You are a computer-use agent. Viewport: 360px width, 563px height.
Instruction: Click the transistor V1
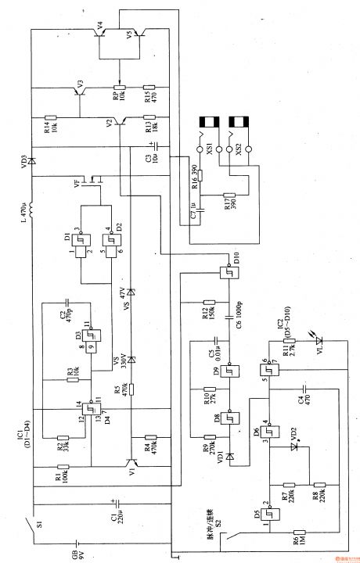point(131,467)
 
